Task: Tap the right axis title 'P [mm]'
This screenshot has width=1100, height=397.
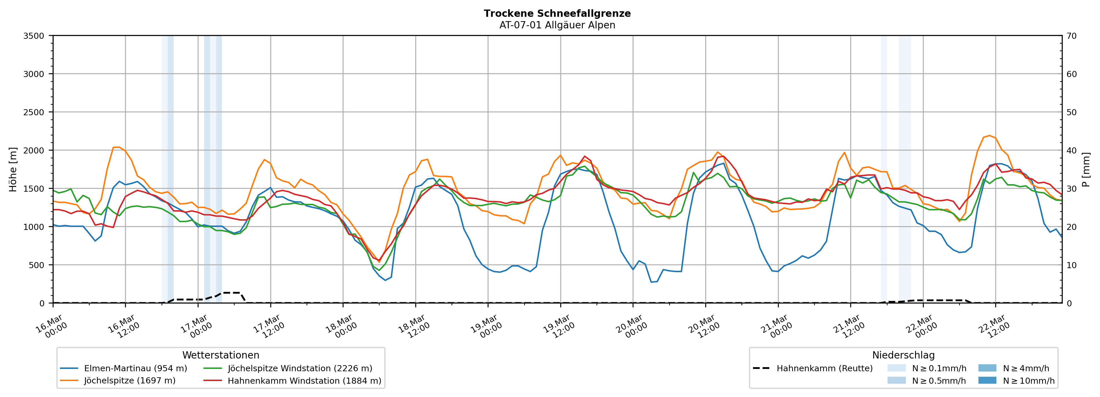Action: click(1086, 170)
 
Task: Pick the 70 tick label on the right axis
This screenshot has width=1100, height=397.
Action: click(1071, 36)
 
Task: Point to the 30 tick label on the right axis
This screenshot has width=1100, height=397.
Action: click(1071, 189)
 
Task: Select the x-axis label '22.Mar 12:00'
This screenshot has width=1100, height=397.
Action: click(994, 327)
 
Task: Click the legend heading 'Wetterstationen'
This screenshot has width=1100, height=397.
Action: click(221, 355)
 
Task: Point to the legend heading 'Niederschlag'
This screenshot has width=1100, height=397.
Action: click(903, 355)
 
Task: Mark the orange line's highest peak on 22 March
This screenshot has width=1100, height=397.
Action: click(989, 136)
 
